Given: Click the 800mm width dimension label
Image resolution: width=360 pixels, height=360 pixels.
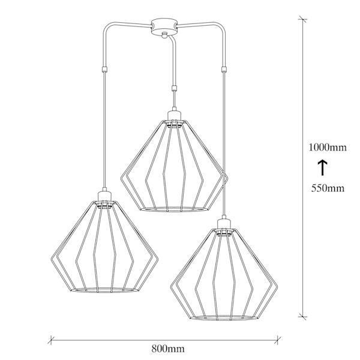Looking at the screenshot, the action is tap(168, 349).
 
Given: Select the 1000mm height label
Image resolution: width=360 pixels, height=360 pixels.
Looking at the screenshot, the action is tap(328, 147).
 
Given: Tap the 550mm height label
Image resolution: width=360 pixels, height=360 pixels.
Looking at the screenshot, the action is tap(328, 188).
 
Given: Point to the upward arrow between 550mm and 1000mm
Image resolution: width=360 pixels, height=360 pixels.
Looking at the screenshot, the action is tap(323, 168).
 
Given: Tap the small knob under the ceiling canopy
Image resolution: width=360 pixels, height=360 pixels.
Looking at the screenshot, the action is tap(164, 35).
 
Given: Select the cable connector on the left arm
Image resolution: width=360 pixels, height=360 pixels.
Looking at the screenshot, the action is tap(104, 69).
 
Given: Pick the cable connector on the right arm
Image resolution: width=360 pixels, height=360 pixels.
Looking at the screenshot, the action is tap(224, 69).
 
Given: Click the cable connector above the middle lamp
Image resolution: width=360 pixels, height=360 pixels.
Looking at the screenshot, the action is tap(175, 88).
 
